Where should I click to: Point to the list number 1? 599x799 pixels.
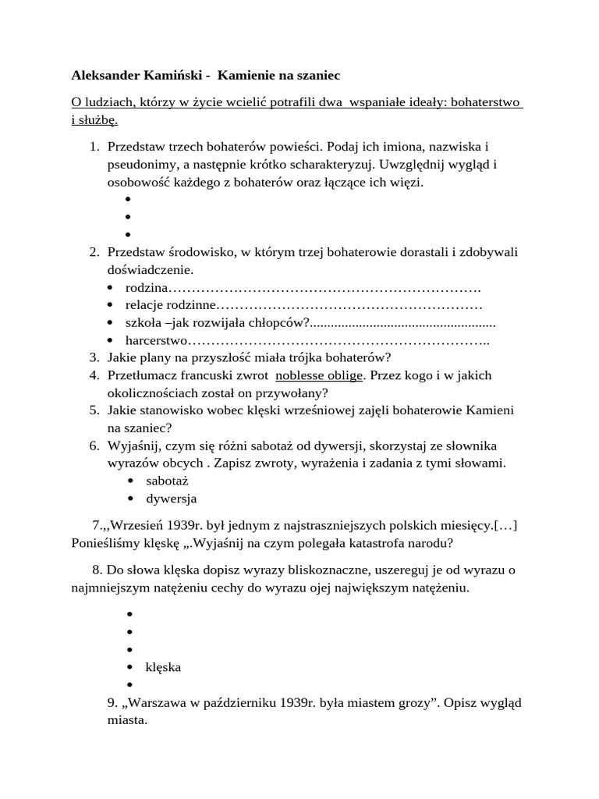pos(94,147)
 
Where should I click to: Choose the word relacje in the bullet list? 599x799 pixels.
pos(147,306)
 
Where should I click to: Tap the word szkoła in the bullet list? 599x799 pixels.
pos(144,323)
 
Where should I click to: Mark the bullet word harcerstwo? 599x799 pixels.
pos(157,340)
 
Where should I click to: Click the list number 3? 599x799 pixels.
pos(94,358)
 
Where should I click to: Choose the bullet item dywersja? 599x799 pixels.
pos(171,498)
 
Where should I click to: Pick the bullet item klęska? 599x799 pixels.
pos(163,667)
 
